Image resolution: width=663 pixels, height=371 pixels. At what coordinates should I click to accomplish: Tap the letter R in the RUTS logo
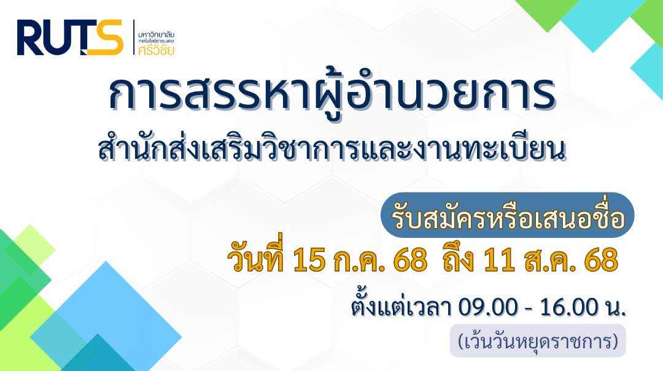29,37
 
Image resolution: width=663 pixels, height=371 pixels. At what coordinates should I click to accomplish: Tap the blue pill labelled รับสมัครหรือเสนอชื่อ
508,215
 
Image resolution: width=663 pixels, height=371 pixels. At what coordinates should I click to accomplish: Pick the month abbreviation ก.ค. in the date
359,260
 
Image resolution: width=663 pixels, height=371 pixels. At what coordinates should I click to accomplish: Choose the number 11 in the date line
499,260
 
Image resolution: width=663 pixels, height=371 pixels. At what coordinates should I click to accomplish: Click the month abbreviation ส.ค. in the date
549,260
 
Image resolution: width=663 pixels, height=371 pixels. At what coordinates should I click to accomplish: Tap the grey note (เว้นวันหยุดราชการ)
538,340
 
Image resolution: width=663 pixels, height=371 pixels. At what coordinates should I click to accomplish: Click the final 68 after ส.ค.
601,260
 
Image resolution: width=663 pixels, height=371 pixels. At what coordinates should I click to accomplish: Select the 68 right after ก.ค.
410,260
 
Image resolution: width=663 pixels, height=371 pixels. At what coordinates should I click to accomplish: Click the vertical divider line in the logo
134,37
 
